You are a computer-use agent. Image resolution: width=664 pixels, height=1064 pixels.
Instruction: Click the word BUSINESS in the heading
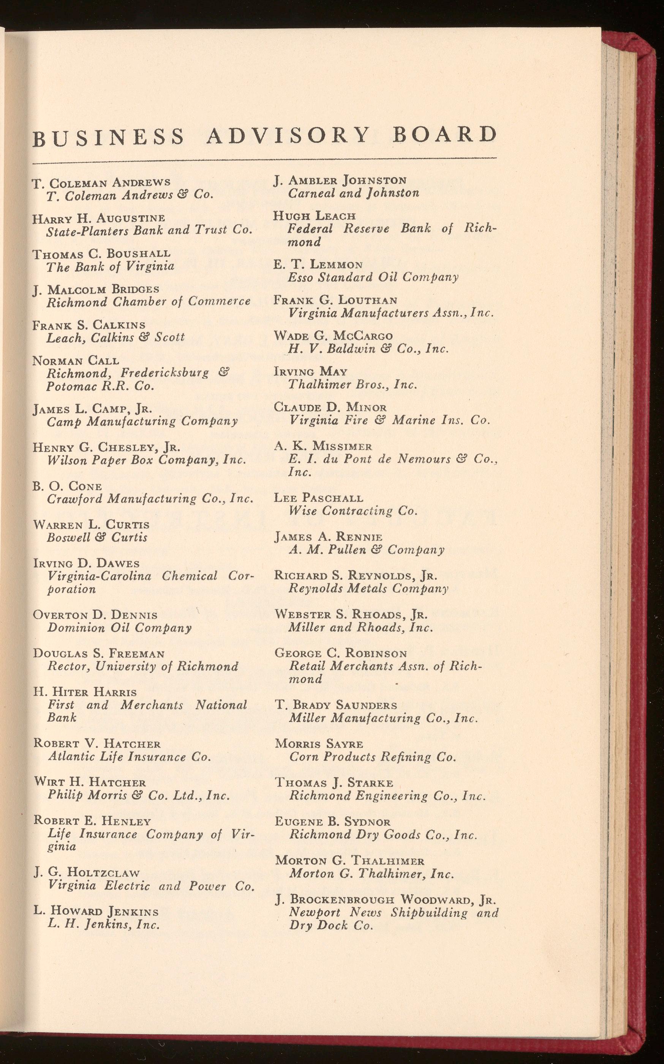click(x=109, y=137)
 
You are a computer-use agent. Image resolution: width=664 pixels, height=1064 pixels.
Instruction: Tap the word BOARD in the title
click(x=444, y=135)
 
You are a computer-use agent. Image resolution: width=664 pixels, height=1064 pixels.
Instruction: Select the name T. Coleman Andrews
click(x=101, y=182)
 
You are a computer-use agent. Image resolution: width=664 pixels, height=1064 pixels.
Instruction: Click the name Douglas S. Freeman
click(x=99, y=653)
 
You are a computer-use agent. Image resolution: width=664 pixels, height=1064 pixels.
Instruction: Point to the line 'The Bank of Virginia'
click(x=110, y=267)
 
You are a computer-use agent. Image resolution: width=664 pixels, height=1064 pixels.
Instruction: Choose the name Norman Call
click(x=76, y=361)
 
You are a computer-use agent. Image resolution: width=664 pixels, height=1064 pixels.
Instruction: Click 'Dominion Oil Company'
click(x=119, y=628)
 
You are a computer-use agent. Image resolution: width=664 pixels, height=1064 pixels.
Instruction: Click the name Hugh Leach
click(x=314, y=216)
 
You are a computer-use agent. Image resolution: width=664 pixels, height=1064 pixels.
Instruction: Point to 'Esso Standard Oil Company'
click(x=373, y=277)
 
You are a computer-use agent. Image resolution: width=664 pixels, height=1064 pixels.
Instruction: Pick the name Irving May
click(x=310, y=372)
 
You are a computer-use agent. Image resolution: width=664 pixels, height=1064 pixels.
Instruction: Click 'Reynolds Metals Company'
click(x=368, y=588)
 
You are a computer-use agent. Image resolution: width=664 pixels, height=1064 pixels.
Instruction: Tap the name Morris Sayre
click(x=319, y=744)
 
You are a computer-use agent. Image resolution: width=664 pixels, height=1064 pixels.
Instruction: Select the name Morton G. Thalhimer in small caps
click(x=349, y=861)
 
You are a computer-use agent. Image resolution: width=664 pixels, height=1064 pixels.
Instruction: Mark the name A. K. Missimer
click(x=323, y=446)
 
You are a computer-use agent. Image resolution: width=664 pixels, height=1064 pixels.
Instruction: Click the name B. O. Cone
click(x=67, y=486)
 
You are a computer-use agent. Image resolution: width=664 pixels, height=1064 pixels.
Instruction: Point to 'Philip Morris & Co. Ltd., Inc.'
click(x=139, y=795)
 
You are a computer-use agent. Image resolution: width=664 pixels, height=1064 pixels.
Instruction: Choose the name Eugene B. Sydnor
click(x=332, y=822)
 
